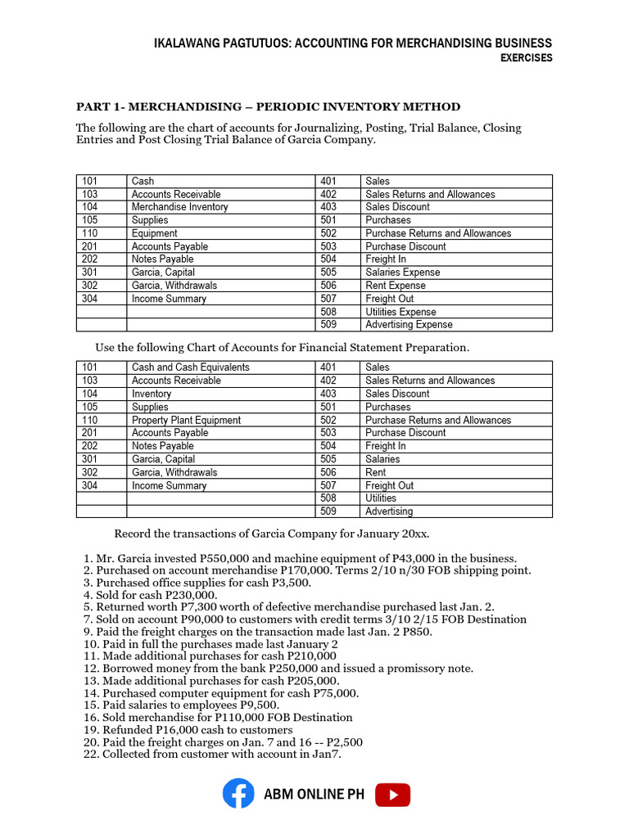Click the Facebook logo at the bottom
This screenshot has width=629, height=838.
coord(238,794)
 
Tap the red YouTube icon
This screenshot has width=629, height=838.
coord(392,795)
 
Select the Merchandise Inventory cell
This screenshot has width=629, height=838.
coord(179,207)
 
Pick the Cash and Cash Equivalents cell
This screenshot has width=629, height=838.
coord(190,367)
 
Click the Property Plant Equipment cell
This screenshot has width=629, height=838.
coord(186,420)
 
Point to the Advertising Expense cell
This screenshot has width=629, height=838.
coord(408,325)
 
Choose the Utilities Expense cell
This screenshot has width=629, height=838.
coord(400,312)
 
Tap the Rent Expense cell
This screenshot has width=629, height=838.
coord(395,286)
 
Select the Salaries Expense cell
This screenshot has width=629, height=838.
coord(402,273)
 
